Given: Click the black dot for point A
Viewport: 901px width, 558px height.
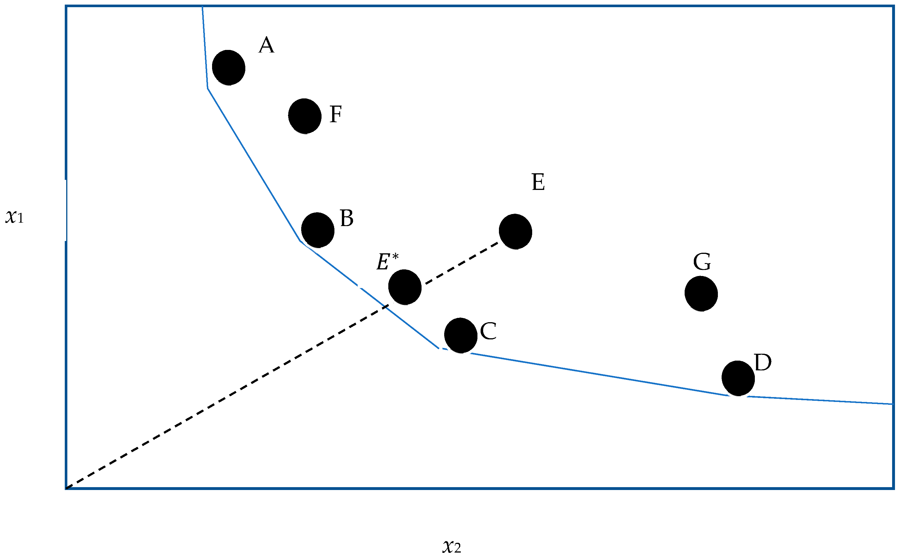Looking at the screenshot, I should click(x=229, y=67).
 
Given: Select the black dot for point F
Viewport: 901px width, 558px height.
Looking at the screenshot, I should click(x=305, y=116).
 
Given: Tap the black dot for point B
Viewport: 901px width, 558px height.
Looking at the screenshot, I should click(x=318, y=230).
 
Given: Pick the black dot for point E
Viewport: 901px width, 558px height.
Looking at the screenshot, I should click(x=515, y=232).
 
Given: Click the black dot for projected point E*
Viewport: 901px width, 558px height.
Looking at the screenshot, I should click(x=405, y=287).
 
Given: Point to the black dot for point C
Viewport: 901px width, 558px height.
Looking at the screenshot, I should click(x=461, y=335).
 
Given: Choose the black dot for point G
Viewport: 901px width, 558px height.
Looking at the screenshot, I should click(x=701, y=293).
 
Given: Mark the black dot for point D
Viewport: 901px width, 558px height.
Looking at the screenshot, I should click(x=738, y=378).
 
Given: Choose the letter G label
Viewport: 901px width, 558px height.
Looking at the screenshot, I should click(x=702, y=262).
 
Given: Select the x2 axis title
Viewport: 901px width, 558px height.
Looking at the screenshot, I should click(x=452, y=546).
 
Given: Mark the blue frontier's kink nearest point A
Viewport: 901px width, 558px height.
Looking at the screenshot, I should click(x=208, y=89).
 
